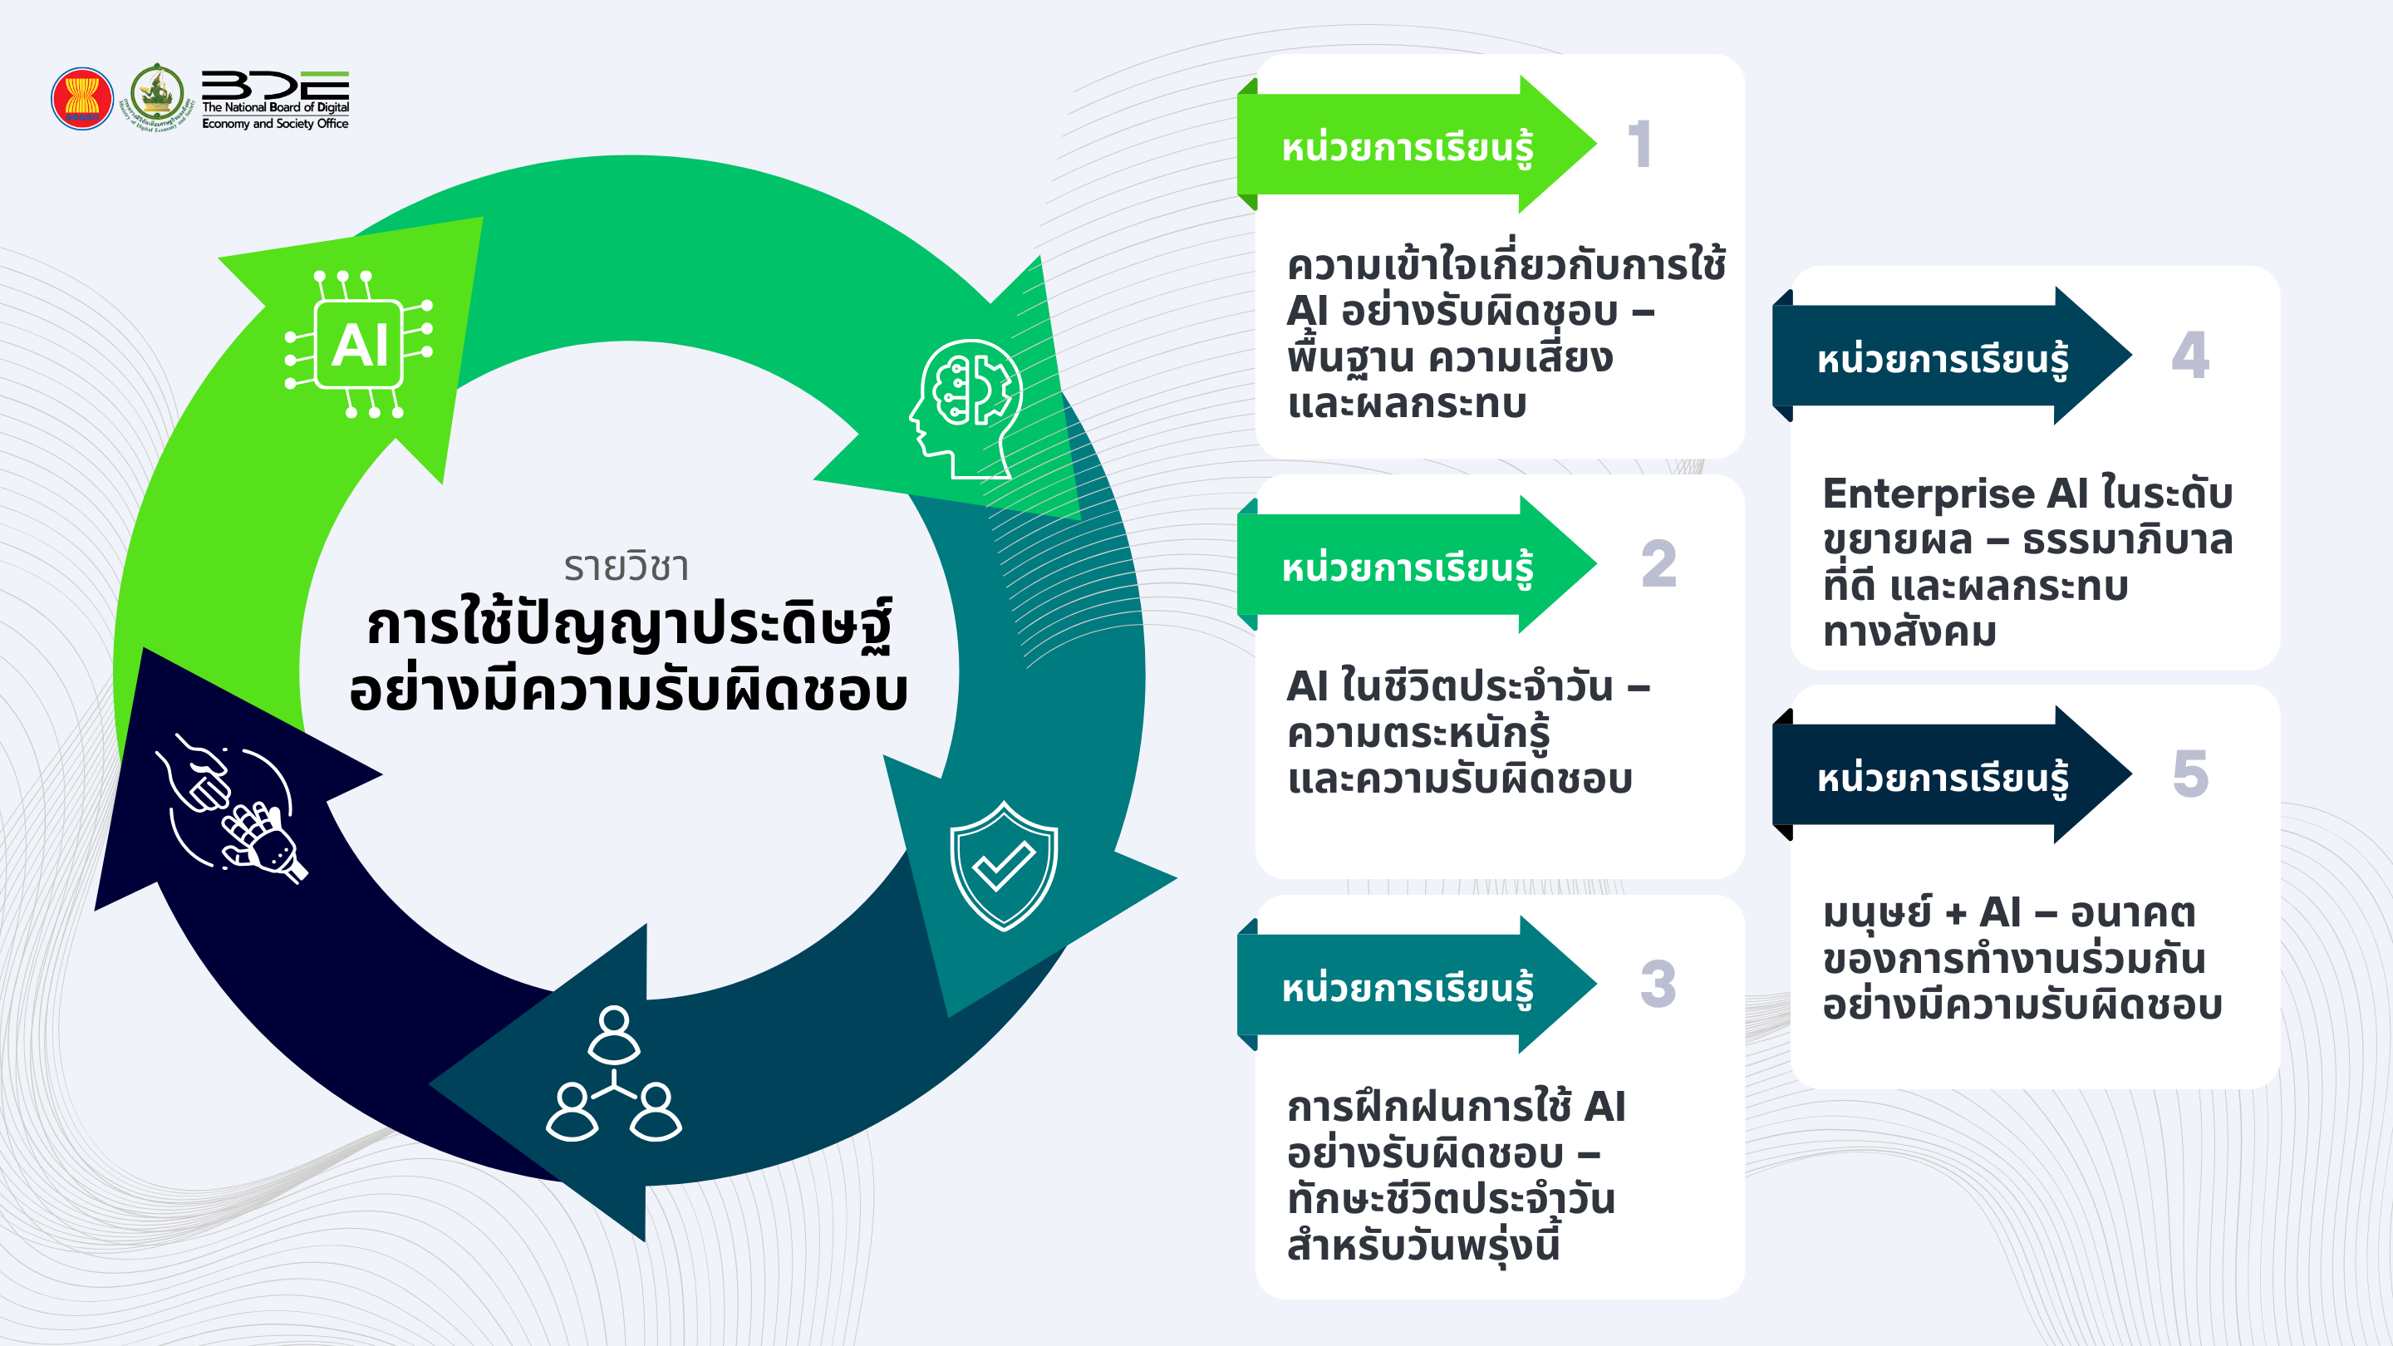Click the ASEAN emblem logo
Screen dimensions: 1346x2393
(x=81, y=97)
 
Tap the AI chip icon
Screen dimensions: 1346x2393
(x=360, y=345)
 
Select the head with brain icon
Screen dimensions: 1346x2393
(x=966, y=408)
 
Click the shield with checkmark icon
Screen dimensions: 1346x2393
(x=1003, y=866)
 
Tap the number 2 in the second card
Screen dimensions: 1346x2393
(x=1658, y=565)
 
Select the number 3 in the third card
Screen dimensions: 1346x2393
(x=1658, y=985)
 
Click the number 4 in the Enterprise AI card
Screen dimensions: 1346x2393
(x=2190, y=356)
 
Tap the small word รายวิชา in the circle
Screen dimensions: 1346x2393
(x=627, y=567)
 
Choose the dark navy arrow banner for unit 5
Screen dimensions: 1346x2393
(x=1942, y=776)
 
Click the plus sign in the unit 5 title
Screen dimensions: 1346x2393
(x=1955, y=914)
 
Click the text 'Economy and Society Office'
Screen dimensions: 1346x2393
(x=275, y=124)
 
